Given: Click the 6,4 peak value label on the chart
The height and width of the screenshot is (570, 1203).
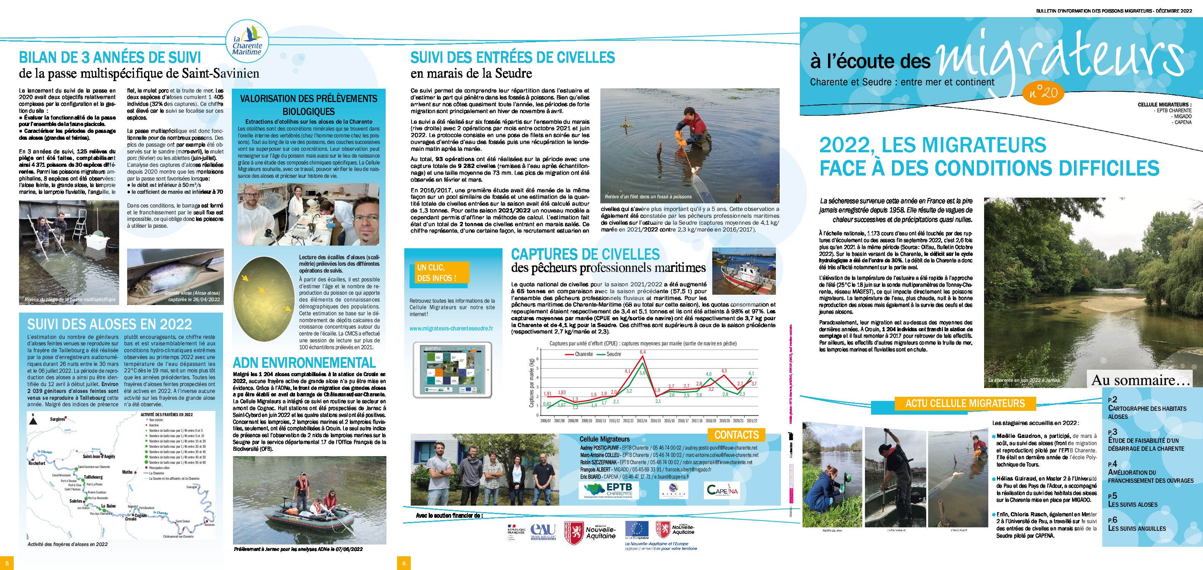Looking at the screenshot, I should coord(643,352).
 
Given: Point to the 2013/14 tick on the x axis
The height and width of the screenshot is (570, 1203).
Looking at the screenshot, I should coord(642,420).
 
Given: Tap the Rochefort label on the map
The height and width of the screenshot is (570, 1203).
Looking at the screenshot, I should coord(37,463).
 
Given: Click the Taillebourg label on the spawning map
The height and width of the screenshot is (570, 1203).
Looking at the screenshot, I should coord(93,477).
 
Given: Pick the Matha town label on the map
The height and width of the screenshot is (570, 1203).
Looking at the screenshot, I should coord(127,472).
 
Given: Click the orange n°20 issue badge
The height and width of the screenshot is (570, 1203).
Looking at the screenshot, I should coord(1043,93).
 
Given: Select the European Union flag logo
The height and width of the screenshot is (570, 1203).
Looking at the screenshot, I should coord(637,529).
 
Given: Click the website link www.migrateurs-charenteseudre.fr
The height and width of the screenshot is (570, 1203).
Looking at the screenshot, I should coord(451,329).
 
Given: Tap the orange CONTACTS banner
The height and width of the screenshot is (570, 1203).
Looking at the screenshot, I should coord(737,435).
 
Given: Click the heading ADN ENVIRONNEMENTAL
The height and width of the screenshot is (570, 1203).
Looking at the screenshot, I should coord(304,363).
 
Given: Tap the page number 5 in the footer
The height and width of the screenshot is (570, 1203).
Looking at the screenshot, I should coord(6,563).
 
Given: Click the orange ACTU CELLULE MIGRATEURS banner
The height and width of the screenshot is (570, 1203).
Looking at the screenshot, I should coord(965,403).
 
